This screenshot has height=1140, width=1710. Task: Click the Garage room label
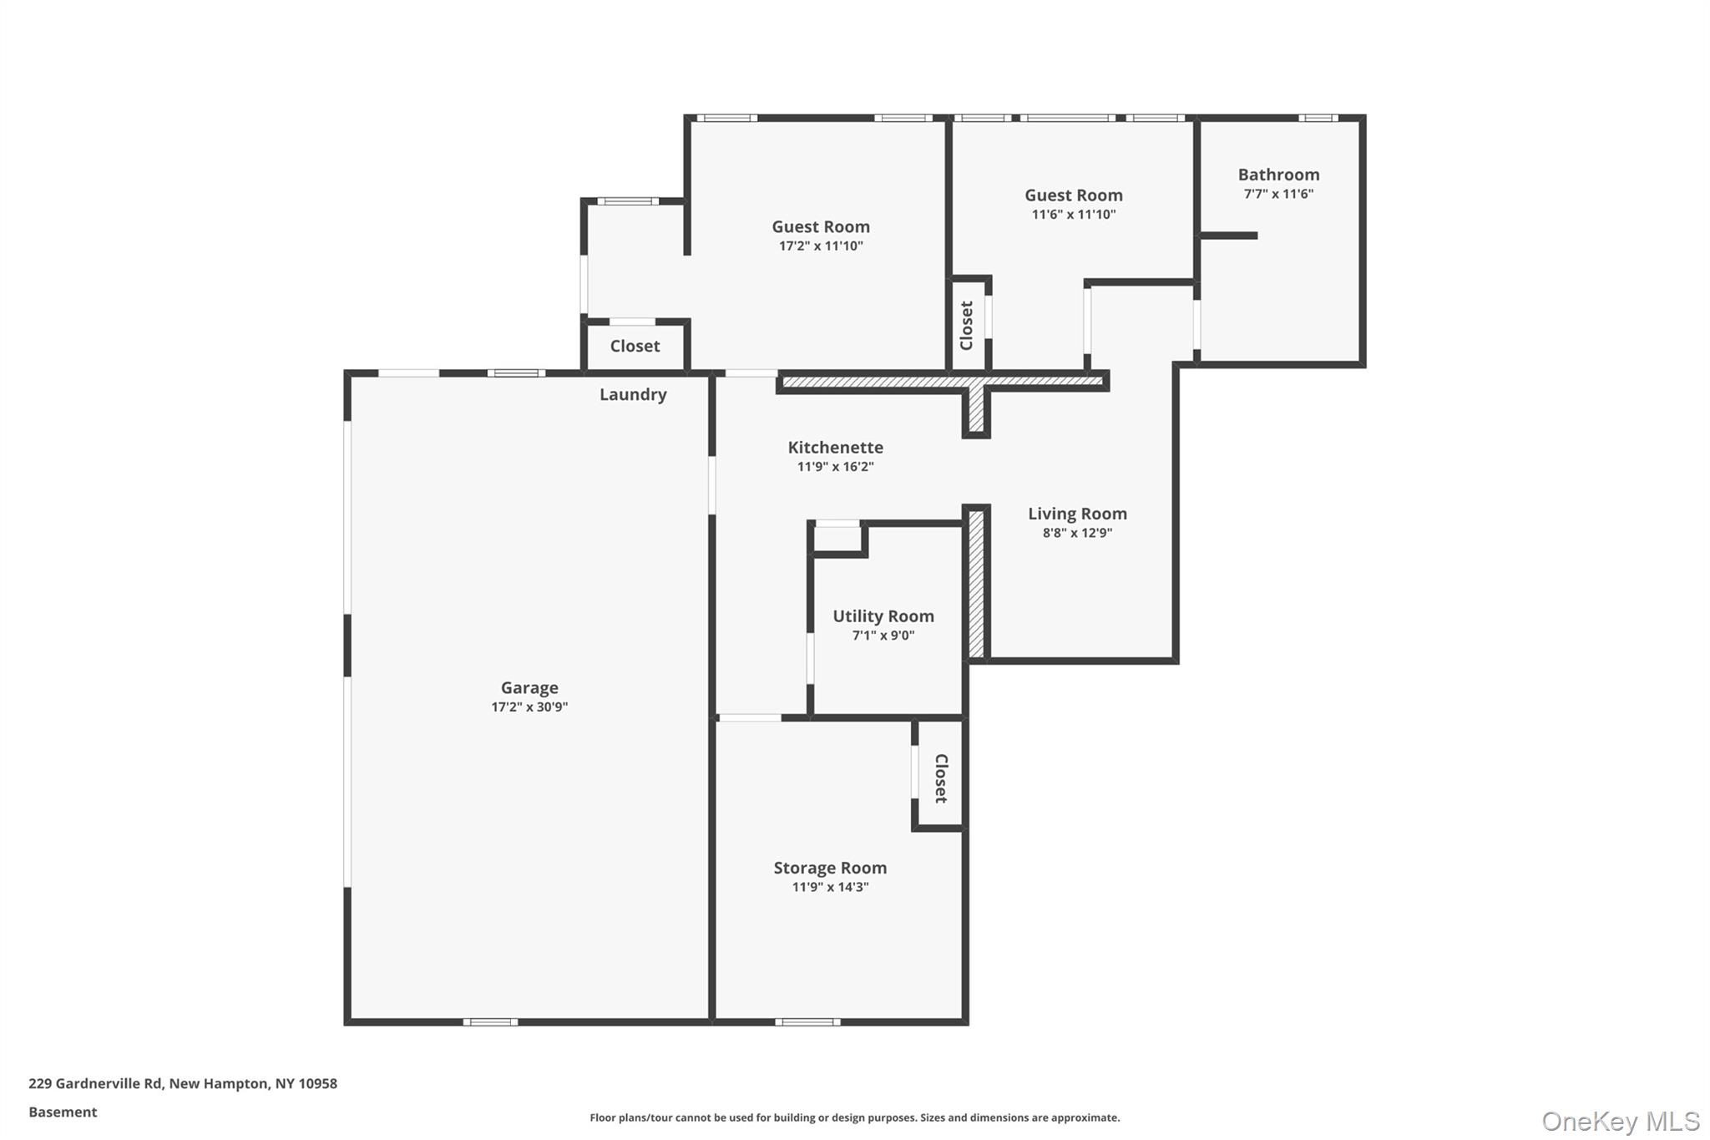[x=529, y=687]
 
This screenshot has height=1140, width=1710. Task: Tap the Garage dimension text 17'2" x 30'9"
[x=529, y=707]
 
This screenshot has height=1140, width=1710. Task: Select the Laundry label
[x=633, y=394]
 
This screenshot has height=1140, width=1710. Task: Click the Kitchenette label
[x=835, y=448]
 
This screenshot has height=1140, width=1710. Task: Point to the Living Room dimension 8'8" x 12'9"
[x=1077, y=533]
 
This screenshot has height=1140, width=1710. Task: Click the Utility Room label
[x=883, y=616]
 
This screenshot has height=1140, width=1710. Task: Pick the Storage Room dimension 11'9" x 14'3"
[x=830, y=887]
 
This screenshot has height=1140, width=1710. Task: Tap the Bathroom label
[x=1278, y=175]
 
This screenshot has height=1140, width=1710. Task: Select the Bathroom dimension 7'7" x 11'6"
[x=1278, y=194]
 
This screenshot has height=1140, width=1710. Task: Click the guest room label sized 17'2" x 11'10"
[x=820, y=226]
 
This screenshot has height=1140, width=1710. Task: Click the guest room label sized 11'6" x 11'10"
[x=1073, y=195]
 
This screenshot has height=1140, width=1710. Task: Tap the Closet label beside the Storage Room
[x=941, y=778]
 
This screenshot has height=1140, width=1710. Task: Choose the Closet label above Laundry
[x=635, y=346]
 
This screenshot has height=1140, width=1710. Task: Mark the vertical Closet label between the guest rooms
[x=966, y=326]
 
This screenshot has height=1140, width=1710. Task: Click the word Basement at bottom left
[x=63, y=1112]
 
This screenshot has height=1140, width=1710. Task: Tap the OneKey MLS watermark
[x=1620, y=1121]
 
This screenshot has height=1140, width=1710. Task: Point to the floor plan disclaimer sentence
[x=854, y=1117]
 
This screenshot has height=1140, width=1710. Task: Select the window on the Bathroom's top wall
[x=1318, y=119]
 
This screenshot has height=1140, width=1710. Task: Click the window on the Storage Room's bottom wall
[x=807, y=1021]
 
